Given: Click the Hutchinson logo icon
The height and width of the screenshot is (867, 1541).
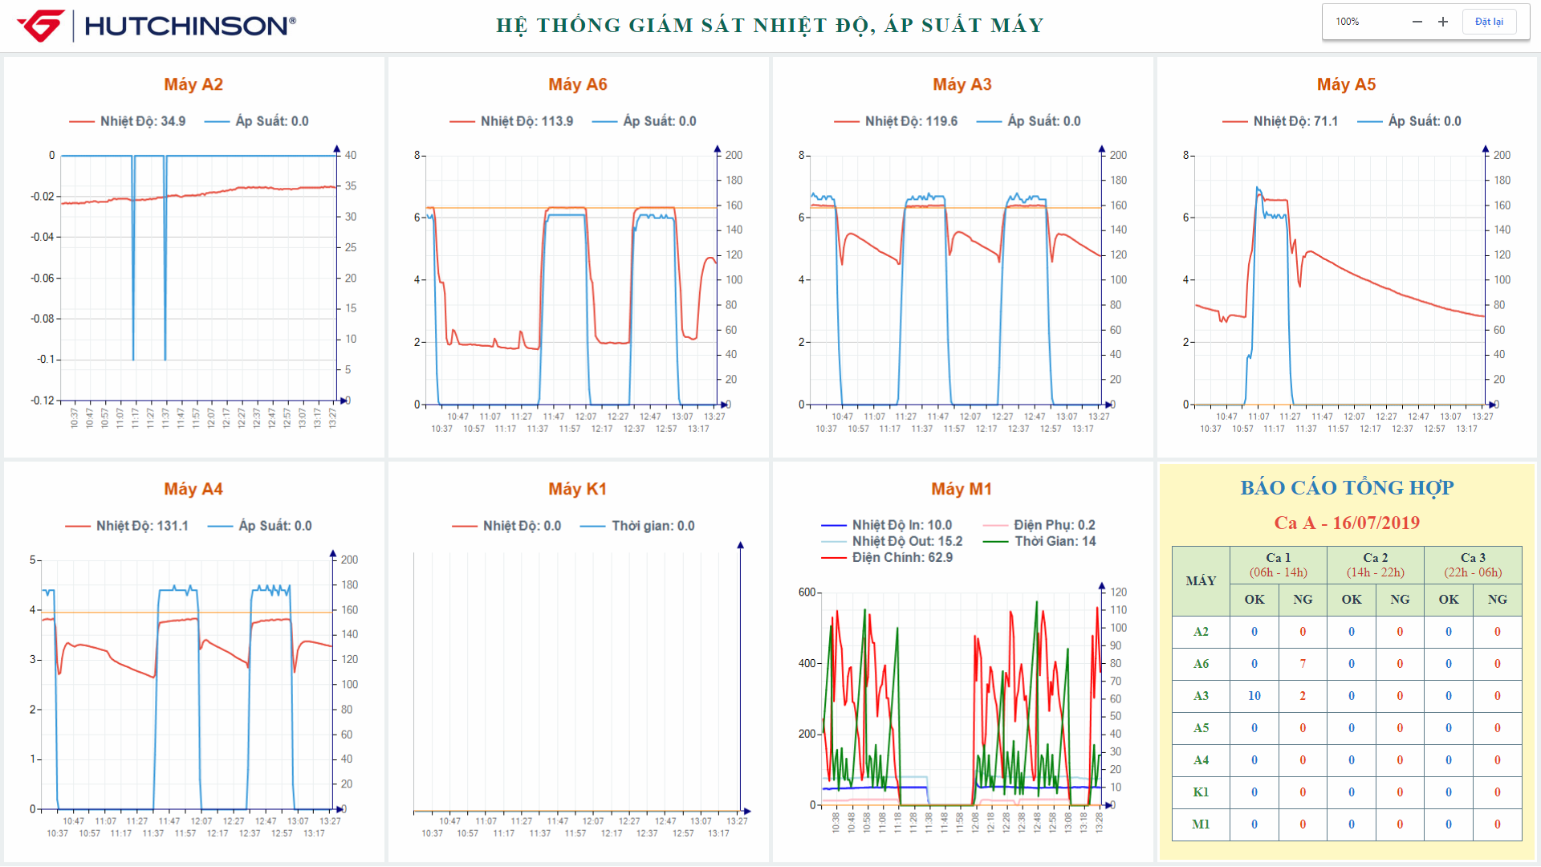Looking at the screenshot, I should coord(40,26).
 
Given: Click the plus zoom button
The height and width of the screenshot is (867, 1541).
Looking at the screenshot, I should coord(1442,22).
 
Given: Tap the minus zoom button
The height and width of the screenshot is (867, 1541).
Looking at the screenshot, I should coord(1417,22).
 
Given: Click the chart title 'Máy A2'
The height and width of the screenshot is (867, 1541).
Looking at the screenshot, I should coord(193,84).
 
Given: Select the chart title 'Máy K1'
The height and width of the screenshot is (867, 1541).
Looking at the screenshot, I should coord(577,489).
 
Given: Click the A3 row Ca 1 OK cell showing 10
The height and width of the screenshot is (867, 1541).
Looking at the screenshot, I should coord(1254,696).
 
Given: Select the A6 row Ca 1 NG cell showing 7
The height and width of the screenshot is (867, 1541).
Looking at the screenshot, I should coord(1303,664).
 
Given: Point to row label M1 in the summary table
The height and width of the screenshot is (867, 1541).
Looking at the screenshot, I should coord(1201,824).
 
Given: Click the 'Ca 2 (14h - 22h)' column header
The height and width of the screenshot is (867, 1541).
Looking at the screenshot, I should coord(1375,564).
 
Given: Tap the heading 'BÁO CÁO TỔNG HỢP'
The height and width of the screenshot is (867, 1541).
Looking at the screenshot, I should coord(1347,487).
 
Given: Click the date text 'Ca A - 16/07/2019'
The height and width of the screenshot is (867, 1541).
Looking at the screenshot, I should coord(1347,523).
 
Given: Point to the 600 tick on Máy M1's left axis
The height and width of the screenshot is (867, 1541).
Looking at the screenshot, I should coord(807,592).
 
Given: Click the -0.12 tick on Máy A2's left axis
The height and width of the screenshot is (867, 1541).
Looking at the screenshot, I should coord(43,401).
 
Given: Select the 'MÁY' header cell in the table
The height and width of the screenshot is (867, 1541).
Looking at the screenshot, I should coord(1201,580).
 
